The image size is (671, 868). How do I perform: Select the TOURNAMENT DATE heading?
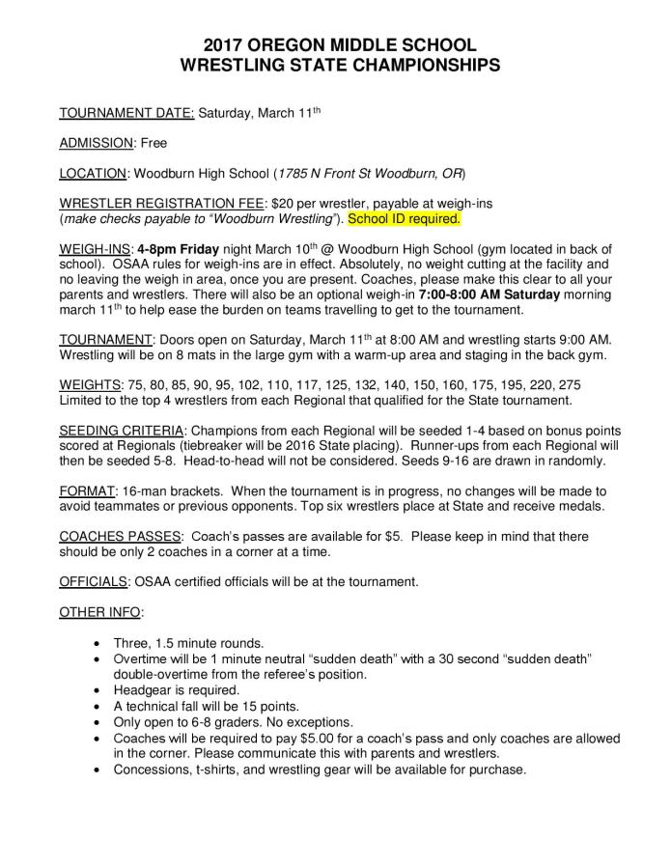[126, 113]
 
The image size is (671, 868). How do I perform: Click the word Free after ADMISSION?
[153, 143]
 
